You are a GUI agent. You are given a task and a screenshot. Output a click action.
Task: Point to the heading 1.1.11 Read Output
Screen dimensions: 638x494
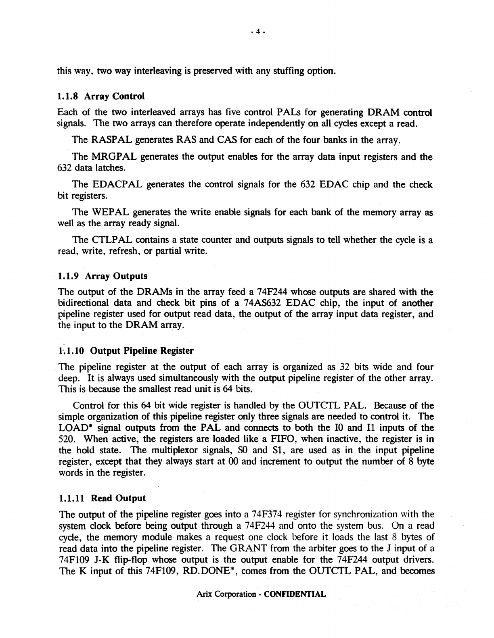[102, 498]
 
